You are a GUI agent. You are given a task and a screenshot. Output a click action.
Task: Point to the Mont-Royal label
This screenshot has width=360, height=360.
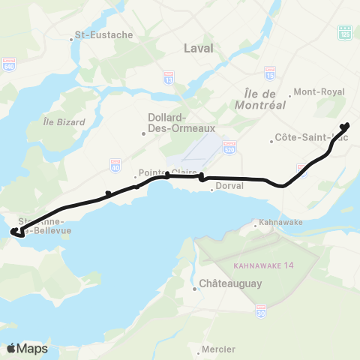coord(318,92)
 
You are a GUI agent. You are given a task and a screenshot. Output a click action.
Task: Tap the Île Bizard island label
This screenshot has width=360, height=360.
coord(57,120)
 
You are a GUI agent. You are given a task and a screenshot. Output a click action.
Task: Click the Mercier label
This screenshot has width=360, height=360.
coord(219,349)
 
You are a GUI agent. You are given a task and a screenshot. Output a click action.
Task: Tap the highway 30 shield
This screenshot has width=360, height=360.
coord(261,310)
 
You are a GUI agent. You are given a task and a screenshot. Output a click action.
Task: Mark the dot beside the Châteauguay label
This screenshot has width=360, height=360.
coord(195,286)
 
